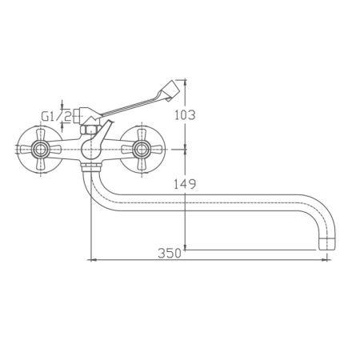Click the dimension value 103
(x=184, y=114)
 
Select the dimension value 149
(x=184, y=184)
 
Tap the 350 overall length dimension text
(x=168, y=254)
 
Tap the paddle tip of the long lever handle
(x=172, y=86)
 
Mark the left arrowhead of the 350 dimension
(x=90, y=260)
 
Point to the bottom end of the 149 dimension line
(x=186, y=248)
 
